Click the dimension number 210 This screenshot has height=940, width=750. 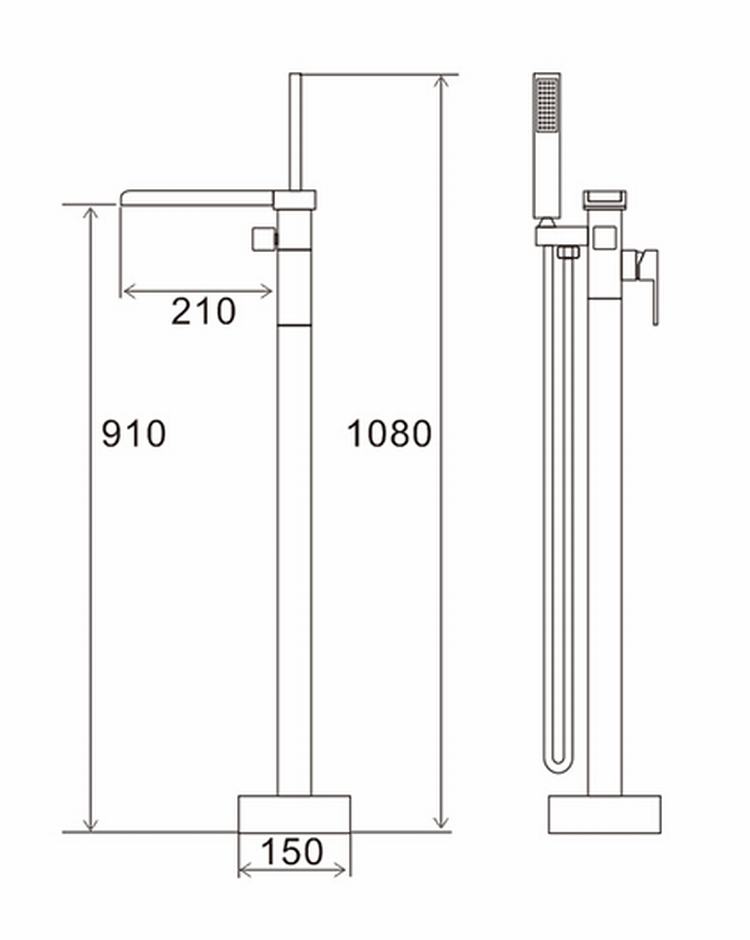tap(203, 311)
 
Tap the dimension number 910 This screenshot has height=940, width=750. tap(134, 434)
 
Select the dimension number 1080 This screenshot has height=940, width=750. tap(389, 434)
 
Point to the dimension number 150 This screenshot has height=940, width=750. tap(293, 852)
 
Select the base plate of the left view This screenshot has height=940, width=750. tap(294, 813)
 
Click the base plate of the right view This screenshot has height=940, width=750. tap(604, 813)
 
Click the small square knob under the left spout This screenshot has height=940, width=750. tap(265, 239)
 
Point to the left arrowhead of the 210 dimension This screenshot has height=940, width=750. tap(128, 291)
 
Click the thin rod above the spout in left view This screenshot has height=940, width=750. tap(295, 130)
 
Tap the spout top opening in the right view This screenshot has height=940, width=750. tap(604, 197)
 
